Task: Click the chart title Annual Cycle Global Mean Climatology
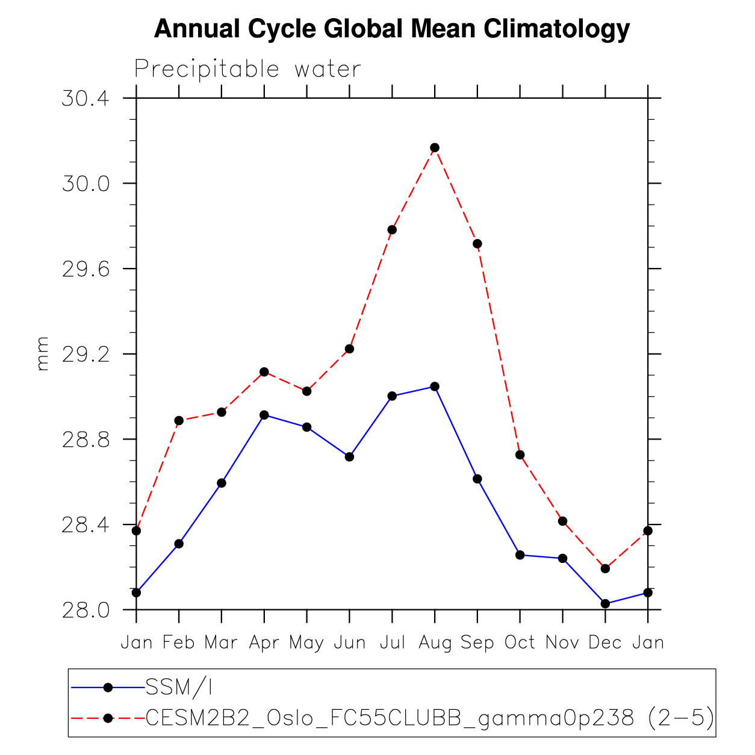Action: tap(392, 29)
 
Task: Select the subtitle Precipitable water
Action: tap(247, 69)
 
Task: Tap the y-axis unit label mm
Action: tap(42, 353)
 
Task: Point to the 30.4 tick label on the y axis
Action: tap(85, 98)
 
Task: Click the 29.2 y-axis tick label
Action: tap(85, 354)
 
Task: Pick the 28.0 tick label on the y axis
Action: tap(85, 610)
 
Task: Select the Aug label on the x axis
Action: tap(435, 642)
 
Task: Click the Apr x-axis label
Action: tap(264, 642)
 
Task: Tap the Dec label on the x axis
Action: tap(605, 642)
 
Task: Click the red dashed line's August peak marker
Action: tap(435, 148)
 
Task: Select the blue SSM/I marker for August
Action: tap(435, 387)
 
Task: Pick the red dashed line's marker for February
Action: tap(179, 420)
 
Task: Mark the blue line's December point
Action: tap(605, 603)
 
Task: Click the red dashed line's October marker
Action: tap(520, 455)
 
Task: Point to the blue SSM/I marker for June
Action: tap(349, 457)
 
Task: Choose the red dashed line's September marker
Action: tap(477, 244)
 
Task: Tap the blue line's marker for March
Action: tap(222, 483)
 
